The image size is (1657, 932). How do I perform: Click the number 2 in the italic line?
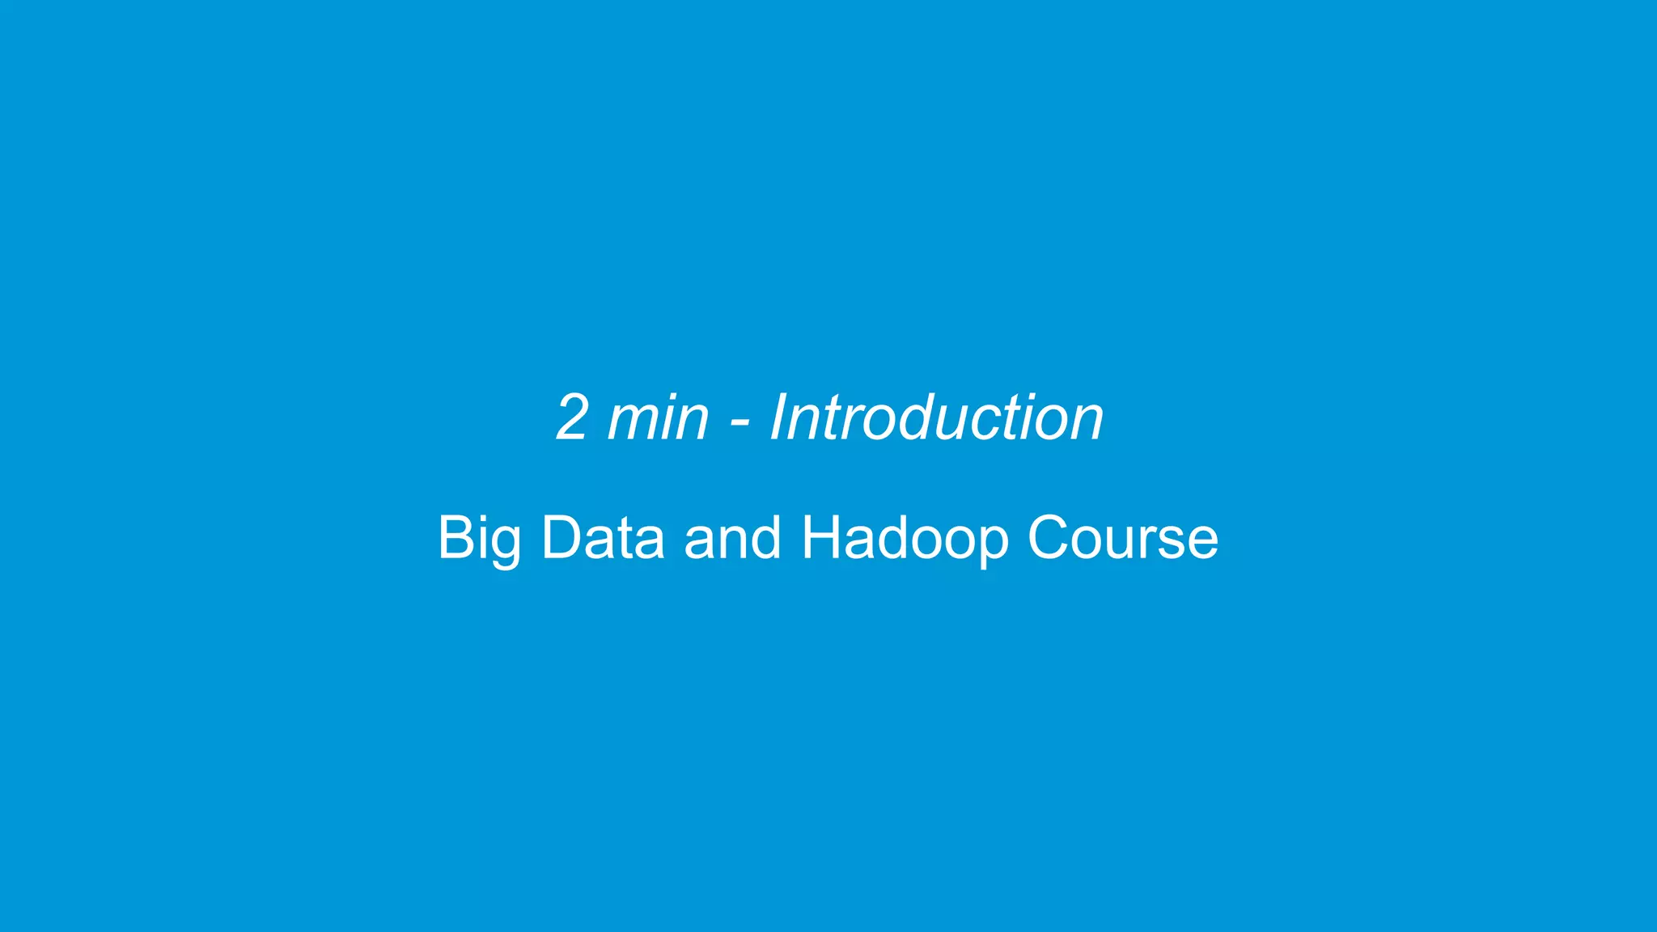572,417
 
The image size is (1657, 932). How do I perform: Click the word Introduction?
936,417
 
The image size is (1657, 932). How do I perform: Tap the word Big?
479,539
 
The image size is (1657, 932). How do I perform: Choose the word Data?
603,537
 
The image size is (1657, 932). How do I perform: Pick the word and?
733,537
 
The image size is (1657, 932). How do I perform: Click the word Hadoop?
905,539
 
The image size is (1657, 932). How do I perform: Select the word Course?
1122,537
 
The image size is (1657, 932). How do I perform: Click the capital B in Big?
455,537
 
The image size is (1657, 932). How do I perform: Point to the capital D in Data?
560,537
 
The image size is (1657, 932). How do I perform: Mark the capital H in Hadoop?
821,537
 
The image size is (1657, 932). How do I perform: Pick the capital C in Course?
1050,537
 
